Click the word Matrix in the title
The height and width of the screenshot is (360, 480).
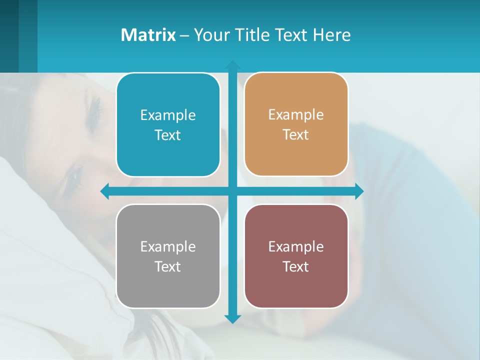[148, 35]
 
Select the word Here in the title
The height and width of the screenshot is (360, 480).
[331, 35]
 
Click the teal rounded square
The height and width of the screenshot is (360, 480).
[168, 125]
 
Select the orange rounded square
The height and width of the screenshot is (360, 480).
[296, 124]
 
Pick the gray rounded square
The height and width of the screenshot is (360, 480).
[168, 256]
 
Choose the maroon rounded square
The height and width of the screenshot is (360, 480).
[296, 256]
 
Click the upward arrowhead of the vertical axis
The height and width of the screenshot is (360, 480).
[232, 65]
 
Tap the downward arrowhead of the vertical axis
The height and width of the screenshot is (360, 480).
[232, 319]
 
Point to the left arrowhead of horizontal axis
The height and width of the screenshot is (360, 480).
[105, 191]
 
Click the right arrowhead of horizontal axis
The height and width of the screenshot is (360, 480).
[359, 191]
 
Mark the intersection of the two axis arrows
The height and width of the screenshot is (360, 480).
[232, 191]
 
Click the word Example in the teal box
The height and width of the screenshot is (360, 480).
[168, 115]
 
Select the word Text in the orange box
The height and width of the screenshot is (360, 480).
[295, 134]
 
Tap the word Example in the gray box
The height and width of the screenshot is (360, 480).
[168, 247]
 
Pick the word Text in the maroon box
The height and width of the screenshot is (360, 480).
[295, 266]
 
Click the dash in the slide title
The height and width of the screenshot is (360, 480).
[184, 35]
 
